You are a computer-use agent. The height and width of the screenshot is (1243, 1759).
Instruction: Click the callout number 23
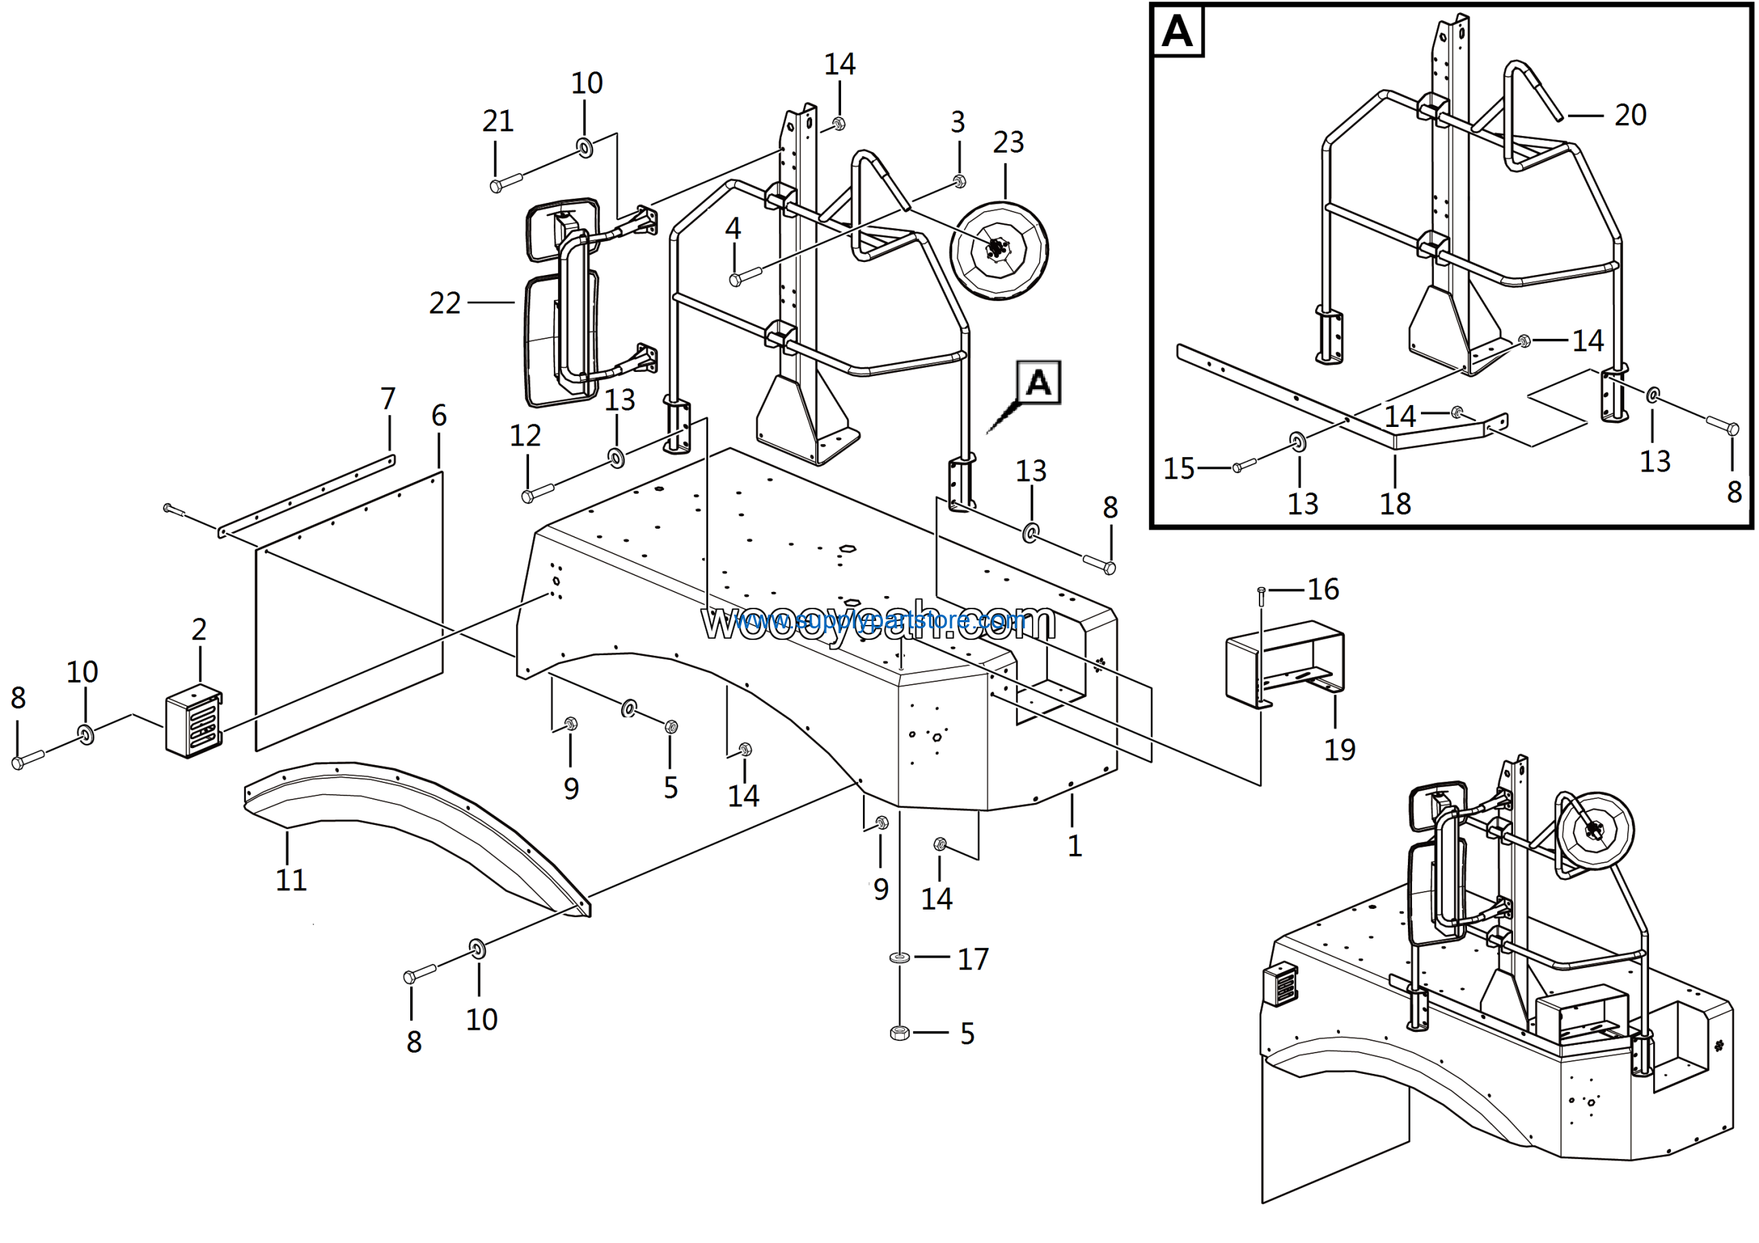point(1007,142)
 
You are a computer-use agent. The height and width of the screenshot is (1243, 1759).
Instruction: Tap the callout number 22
point(445,303)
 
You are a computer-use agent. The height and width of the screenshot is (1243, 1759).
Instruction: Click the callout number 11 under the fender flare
point(291,880)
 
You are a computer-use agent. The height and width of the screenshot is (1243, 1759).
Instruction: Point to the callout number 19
point(1339,749)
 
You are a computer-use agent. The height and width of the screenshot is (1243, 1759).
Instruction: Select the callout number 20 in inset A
point(1631,115)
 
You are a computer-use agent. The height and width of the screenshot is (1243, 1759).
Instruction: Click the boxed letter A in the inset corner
point(1178,32)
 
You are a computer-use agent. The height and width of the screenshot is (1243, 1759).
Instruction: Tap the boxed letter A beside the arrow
point(1038,382)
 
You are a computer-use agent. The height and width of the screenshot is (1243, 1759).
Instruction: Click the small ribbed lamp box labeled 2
point(194,723)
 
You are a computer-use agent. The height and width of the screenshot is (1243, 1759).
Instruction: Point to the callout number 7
point(388,399)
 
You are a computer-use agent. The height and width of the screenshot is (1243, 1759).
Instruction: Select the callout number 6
point(439,415)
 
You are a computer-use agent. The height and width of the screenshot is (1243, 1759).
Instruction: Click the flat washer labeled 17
point(899,958)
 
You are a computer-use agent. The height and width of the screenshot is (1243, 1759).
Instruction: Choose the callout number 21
point(497,121)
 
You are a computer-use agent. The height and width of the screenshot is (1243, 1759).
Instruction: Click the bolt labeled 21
point(505,182)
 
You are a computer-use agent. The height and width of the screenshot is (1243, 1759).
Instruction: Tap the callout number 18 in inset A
point(1395,504)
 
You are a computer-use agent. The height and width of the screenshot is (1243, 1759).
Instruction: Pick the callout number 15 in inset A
point(1178,468)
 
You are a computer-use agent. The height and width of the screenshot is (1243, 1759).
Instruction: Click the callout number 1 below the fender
point(1075,846)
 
